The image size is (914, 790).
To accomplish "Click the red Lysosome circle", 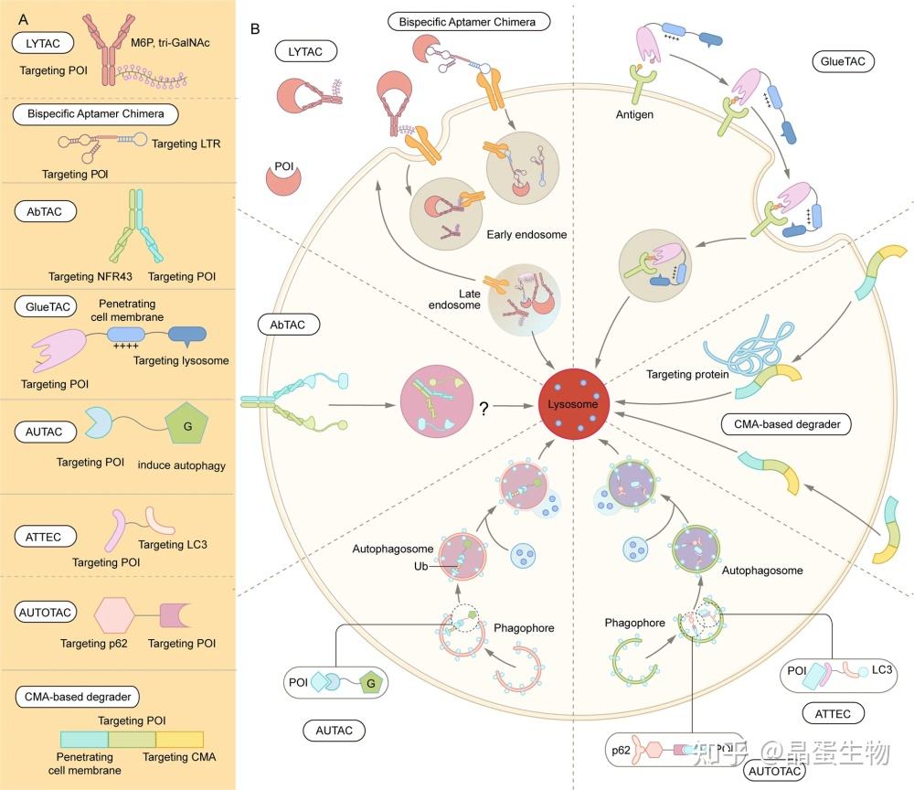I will [x=573, y=403].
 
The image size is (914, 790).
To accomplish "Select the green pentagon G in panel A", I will [x=186, y=428].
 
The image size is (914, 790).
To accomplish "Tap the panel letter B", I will [x=256, y=28].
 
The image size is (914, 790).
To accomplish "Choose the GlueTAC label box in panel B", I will [x=842, y=61].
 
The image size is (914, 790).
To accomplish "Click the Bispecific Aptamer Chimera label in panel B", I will [x=467, y=20].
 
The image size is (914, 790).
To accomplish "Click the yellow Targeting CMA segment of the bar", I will [x=179, y=740].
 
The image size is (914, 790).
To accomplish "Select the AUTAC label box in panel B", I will [x=335, y=730].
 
